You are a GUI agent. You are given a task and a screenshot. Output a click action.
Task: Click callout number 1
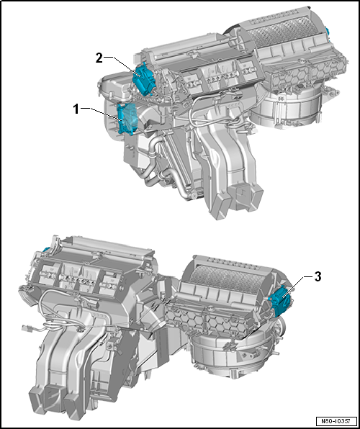coord(76,109)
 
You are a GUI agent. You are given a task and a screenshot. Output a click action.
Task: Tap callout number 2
coord(99,58)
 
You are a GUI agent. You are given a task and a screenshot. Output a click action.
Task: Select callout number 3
coord(317,277)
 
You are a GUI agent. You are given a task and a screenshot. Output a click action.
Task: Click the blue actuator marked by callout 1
coord(126,119)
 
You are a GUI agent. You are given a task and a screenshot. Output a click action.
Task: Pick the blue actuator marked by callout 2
coord(143,79)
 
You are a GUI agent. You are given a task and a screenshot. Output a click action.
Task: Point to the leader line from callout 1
coord(102,114)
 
